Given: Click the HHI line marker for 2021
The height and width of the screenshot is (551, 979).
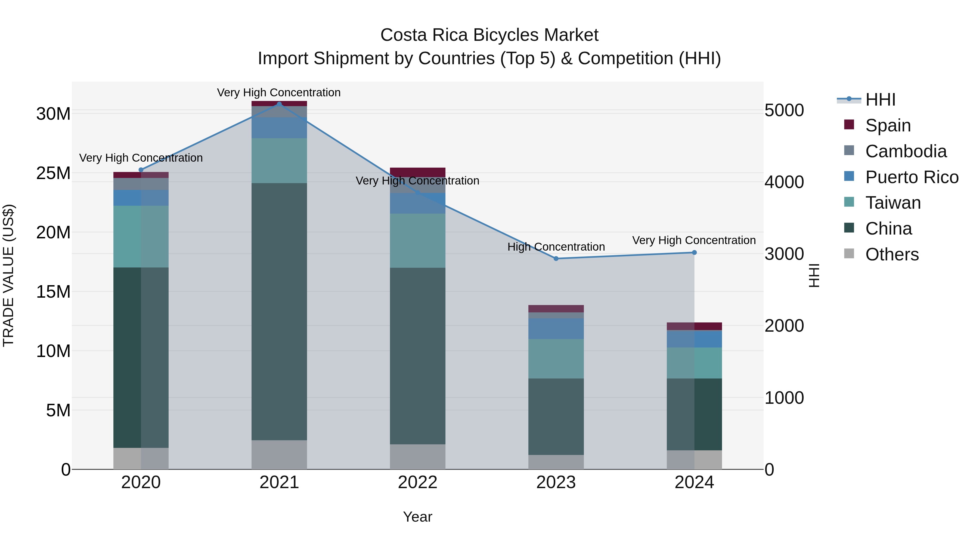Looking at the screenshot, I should point(279,104).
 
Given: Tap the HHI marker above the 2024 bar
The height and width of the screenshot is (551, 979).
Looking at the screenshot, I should point(694,253).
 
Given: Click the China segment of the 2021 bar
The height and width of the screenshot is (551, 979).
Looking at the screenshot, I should point(279,312).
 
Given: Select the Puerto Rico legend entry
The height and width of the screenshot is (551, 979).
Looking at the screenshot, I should point(912,177).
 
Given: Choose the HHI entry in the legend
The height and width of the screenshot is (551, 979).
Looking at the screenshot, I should point(880,100).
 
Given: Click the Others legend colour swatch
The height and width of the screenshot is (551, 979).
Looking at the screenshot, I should point(849,254).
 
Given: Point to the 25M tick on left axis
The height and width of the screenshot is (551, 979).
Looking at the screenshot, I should point(53,173).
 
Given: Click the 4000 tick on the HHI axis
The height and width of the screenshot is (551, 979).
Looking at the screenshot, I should point(784,182).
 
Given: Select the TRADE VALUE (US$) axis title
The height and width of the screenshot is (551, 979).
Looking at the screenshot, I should point(8,275).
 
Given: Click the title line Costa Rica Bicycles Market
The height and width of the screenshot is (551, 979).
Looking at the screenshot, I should point(489,35).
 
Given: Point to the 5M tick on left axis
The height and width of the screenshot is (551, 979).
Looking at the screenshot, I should point(58,411).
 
